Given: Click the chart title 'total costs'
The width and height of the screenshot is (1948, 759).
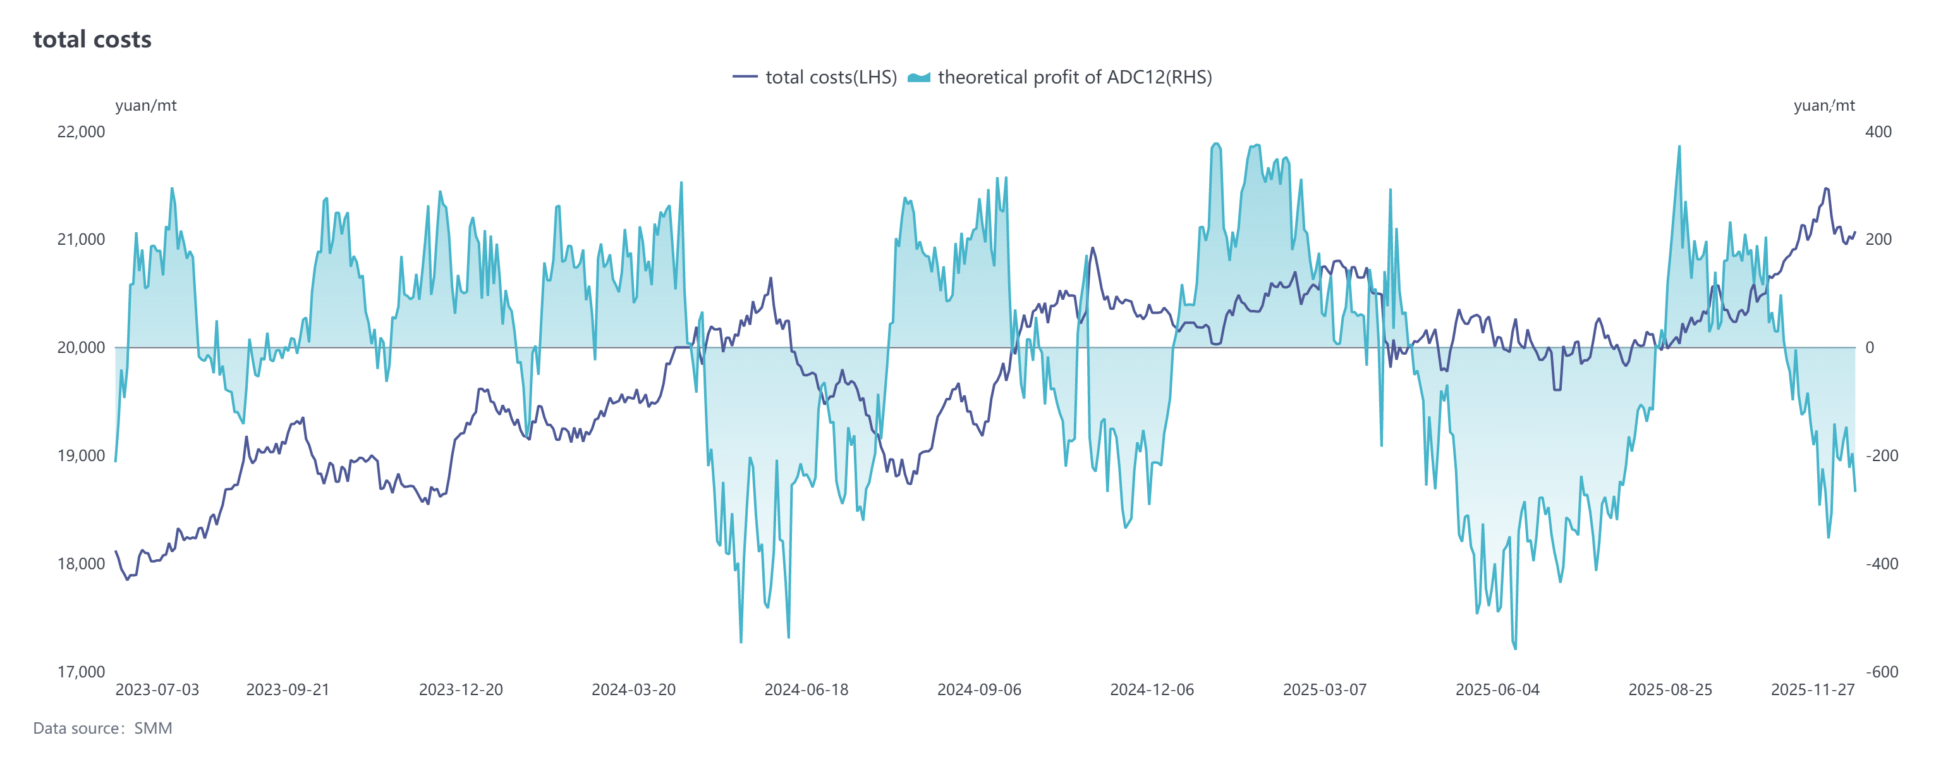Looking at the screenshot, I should (92, 39).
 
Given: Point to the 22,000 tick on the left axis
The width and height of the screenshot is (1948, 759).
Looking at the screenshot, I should (81, 132).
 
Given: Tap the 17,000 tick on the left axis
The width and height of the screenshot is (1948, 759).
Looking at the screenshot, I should (81, 671).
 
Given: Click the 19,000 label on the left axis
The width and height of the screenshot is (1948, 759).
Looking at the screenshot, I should (81, 455).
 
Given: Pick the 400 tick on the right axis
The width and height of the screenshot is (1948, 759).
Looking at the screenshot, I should (1878, 132).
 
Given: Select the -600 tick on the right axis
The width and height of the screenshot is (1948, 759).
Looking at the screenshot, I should (1882, 671).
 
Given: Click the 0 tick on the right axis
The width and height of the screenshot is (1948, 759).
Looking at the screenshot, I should (1870, 347).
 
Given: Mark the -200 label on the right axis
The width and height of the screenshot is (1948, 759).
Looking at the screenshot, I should (1882, 455).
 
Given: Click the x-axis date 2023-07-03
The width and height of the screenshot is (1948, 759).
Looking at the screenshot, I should (157, 689).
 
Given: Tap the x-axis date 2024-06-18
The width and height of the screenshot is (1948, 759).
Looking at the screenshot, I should (806, 689).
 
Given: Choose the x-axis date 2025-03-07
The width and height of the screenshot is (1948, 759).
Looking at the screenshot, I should (1325, 689).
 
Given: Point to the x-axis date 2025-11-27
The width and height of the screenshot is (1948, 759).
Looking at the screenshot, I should (1813, 689).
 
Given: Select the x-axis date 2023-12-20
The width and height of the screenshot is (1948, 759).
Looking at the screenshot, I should (461, 689).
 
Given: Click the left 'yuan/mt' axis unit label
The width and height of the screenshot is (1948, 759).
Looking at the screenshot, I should (146, 105).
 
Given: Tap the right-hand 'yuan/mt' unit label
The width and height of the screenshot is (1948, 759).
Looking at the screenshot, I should (1824, 105).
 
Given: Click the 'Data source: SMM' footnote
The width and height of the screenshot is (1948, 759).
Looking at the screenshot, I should (103, 728).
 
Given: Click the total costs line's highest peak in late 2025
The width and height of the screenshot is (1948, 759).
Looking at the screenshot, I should (1826, 188).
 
